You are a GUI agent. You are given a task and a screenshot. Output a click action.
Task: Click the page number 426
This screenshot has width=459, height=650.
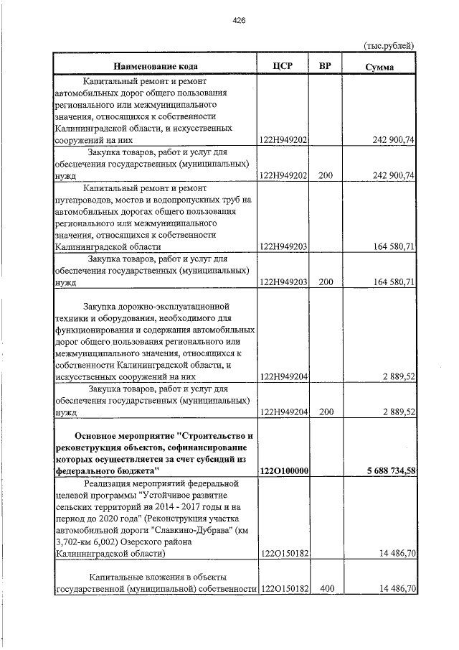tap(239, 21)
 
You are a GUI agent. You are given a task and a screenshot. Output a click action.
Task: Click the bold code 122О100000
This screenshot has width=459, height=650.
tap(283, 470)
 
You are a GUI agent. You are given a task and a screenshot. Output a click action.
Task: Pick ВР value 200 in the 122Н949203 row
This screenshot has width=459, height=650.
tap(326, 282)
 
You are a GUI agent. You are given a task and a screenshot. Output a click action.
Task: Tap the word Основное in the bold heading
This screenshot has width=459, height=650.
tap(100, 437)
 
